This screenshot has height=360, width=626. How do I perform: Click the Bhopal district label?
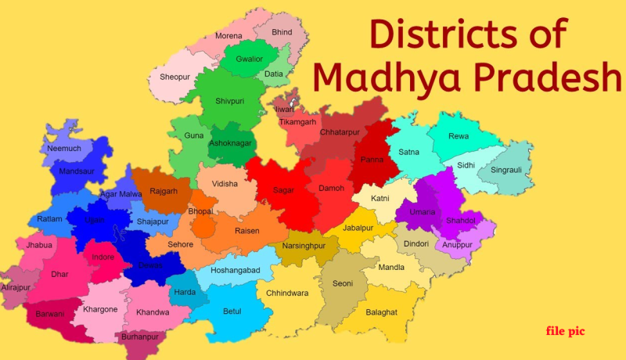click(x=200, y=211)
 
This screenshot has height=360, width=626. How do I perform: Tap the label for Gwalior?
click(x=249, y=58)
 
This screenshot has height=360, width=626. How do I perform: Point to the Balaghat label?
click(x=381, y=311)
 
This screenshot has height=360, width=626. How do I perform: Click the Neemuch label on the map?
click(x=63, y=148)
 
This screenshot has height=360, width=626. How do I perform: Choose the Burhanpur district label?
click(x=140, y=337)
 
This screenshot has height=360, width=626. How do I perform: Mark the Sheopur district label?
click(x=174, y=77)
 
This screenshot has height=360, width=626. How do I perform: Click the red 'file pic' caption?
click(x=565, y=332)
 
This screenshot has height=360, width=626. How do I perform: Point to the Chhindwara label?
click(x=287, y=293)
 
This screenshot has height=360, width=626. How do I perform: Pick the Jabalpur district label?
click(x=359, y=228)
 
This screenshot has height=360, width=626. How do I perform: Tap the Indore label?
click(x=103, y=257)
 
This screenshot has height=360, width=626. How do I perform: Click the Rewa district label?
click(x=459, y=136)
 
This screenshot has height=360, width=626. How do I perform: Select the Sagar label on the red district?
click(x=283, y=190)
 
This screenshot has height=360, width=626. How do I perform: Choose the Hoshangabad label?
click(x=235, y=270)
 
